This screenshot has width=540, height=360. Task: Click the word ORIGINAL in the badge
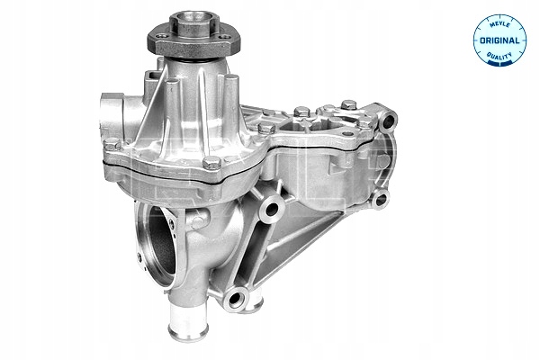click(x=499, y=40)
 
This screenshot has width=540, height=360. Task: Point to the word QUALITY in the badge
click(x=499, y=56)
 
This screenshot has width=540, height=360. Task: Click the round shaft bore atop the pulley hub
click(x=194, y=17)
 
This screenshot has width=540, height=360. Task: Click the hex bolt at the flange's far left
click(x=112, y=144)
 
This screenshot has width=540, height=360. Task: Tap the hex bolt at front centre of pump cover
click(x=211, y=162)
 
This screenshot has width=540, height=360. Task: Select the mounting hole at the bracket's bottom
click(x=235, y=298)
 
